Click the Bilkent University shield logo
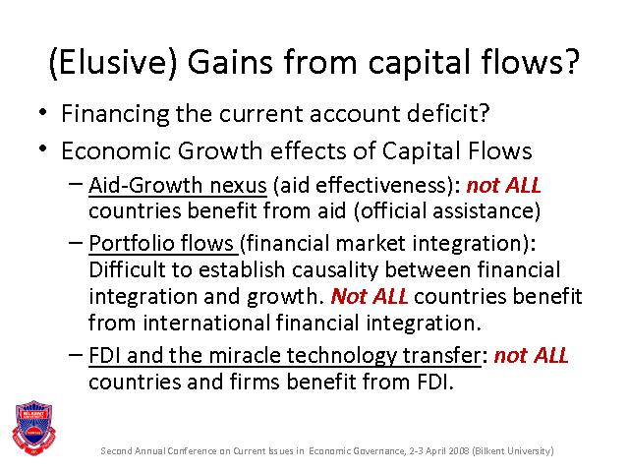click(33, 428)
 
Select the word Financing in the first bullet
click(115, 114)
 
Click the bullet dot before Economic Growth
click(43, 149)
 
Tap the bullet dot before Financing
click(43, 112)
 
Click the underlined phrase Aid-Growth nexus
click(178, 186)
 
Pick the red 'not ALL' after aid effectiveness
click(504, 186)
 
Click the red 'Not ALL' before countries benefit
click(370, 297)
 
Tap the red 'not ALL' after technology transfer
click(531, 356)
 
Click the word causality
click(335, 270)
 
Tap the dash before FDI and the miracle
click(76, 355)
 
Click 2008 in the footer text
click(459, 450)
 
